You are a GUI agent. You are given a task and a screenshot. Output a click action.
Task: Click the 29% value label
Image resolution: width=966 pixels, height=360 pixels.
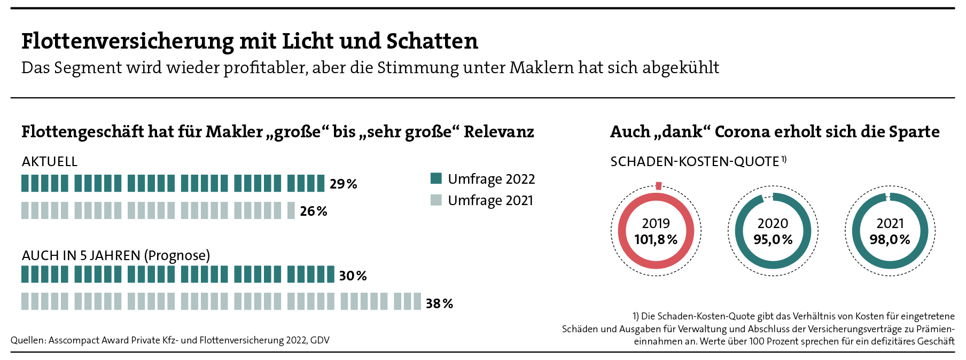pos(343,184)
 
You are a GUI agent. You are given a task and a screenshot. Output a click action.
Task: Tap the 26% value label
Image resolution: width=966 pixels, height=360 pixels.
pos(314,212)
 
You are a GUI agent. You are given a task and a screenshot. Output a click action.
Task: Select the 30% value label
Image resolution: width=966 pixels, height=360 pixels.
pos(353,276)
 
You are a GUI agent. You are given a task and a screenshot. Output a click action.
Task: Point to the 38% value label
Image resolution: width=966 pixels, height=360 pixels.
pos(439,304)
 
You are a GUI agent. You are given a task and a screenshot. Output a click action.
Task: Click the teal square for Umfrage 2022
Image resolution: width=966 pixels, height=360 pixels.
pos(436,178)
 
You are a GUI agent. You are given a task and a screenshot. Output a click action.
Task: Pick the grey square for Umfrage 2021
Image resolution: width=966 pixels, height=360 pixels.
pos(436,200)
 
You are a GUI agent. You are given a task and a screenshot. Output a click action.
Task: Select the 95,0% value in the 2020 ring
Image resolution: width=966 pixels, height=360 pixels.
pos(773,240)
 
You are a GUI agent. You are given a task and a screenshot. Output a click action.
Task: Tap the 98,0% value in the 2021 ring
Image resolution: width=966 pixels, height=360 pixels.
pos(890,240)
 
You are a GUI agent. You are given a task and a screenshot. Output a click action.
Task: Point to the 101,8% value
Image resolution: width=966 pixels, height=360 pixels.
pos(656,240)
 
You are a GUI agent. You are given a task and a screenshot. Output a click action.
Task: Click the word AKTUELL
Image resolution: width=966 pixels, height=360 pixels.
pos(50,162)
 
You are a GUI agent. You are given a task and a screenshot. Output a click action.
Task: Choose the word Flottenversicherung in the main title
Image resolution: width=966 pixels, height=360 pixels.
pos(128,41)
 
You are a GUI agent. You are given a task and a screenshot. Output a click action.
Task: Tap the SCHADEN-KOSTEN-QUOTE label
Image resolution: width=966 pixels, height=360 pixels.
pos(695,162)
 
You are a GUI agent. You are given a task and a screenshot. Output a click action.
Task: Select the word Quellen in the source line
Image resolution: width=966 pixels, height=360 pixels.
pos(28,340)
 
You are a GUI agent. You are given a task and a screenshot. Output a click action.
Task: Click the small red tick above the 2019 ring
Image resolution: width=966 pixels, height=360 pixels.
pos(658,186)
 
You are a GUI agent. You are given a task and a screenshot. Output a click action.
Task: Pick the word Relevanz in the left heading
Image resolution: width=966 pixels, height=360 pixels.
pos(498,132)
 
